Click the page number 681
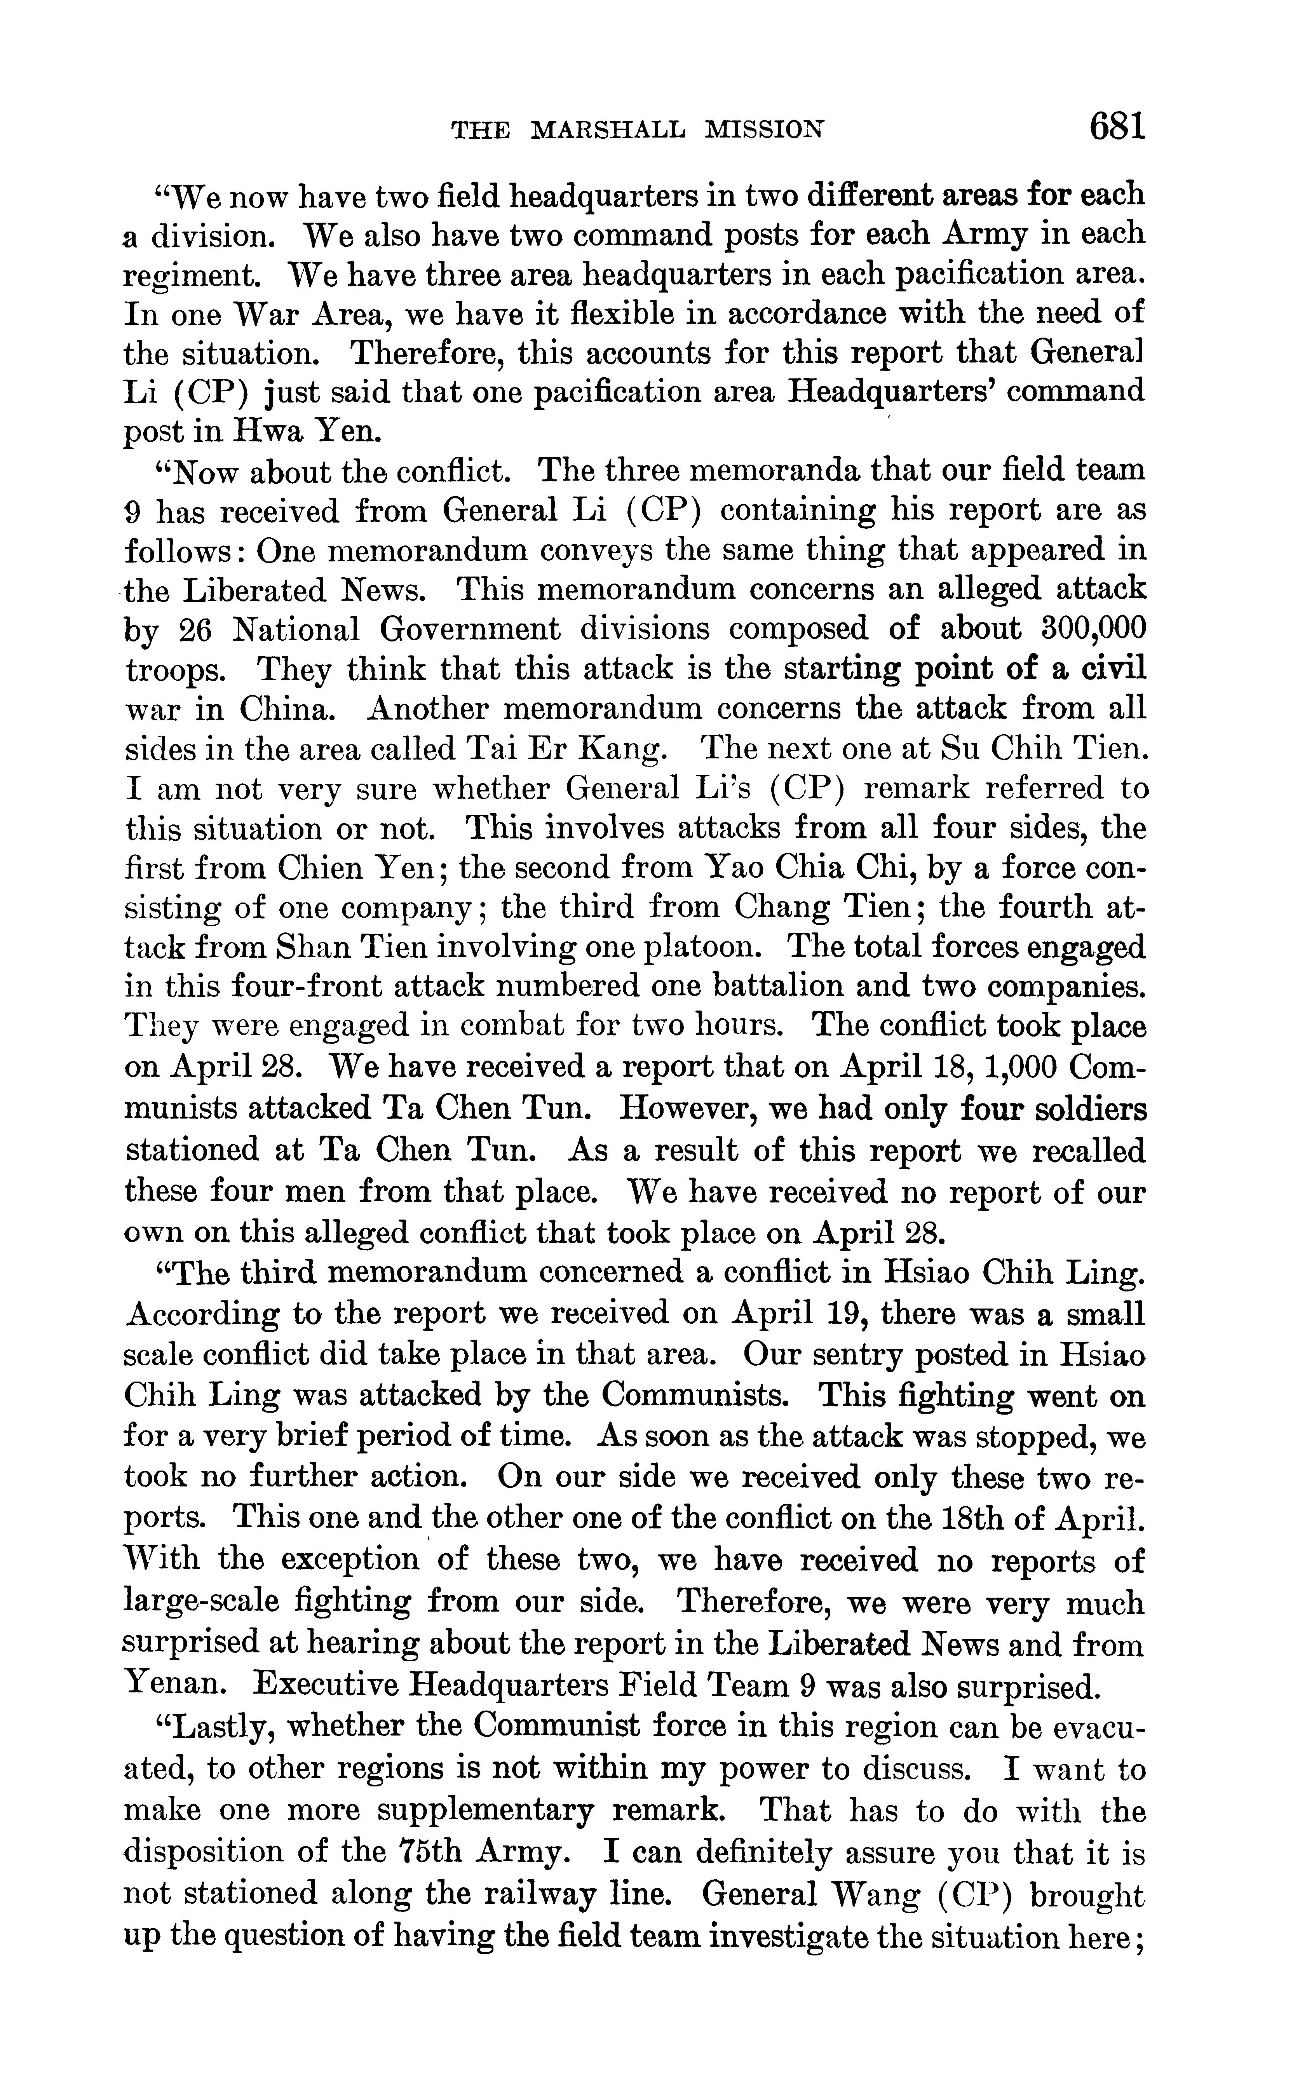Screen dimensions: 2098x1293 pos(1116,127)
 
